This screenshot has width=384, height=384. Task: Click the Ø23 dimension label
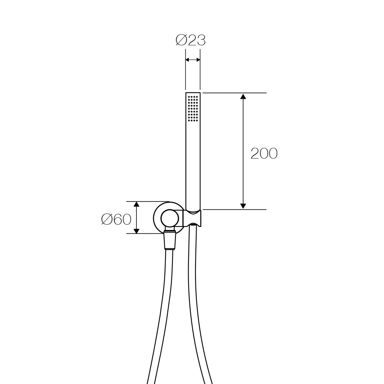point(190,40)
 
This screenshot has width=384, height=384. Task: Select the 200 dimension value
point(264,154)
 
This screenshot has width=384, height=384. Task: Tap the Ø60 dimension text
point(116,219)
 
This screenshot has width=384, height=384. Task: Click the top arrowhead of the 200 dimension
point(243,96)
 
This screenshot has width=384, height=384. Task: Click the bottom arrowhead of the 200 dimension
point(243,206)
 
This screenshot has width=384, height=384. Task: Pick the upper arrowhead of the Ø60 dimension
point(137,204)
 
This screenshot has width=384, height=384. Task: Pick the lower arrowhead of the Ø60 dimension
point(137,230)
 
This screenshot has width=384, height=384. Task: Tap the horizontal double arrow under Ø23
point(193,60)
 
